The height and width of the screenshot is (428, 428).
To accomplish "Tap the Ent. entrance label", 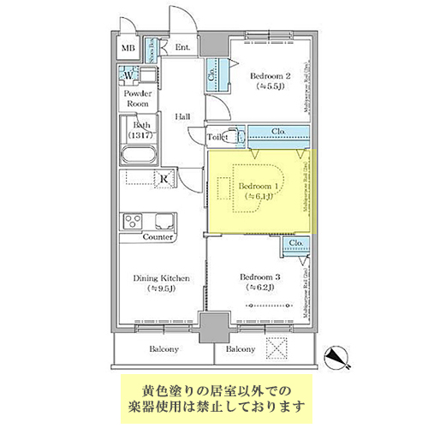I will [183, 48].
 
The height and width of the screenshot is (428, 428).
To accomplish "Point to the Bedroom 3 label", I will [260, 276].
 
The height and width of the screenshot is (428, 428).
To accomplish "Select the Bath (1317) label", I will [137, 129].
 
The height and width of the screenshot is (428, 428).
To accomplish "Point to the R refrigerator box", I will [163, 178].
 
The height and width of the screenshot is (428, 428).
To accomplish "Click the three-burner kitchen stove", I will [136, 222].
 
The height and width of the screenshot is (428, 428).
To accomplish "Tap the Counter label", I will [158, 237].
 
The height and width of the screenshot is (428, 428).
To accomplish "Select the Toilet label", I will [217, 137].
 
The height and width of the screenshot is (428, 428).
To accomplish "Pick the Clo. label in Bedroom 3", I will [296, 244].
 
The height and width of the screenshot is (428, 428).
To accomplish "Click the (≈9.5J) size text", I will [160, 288].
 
